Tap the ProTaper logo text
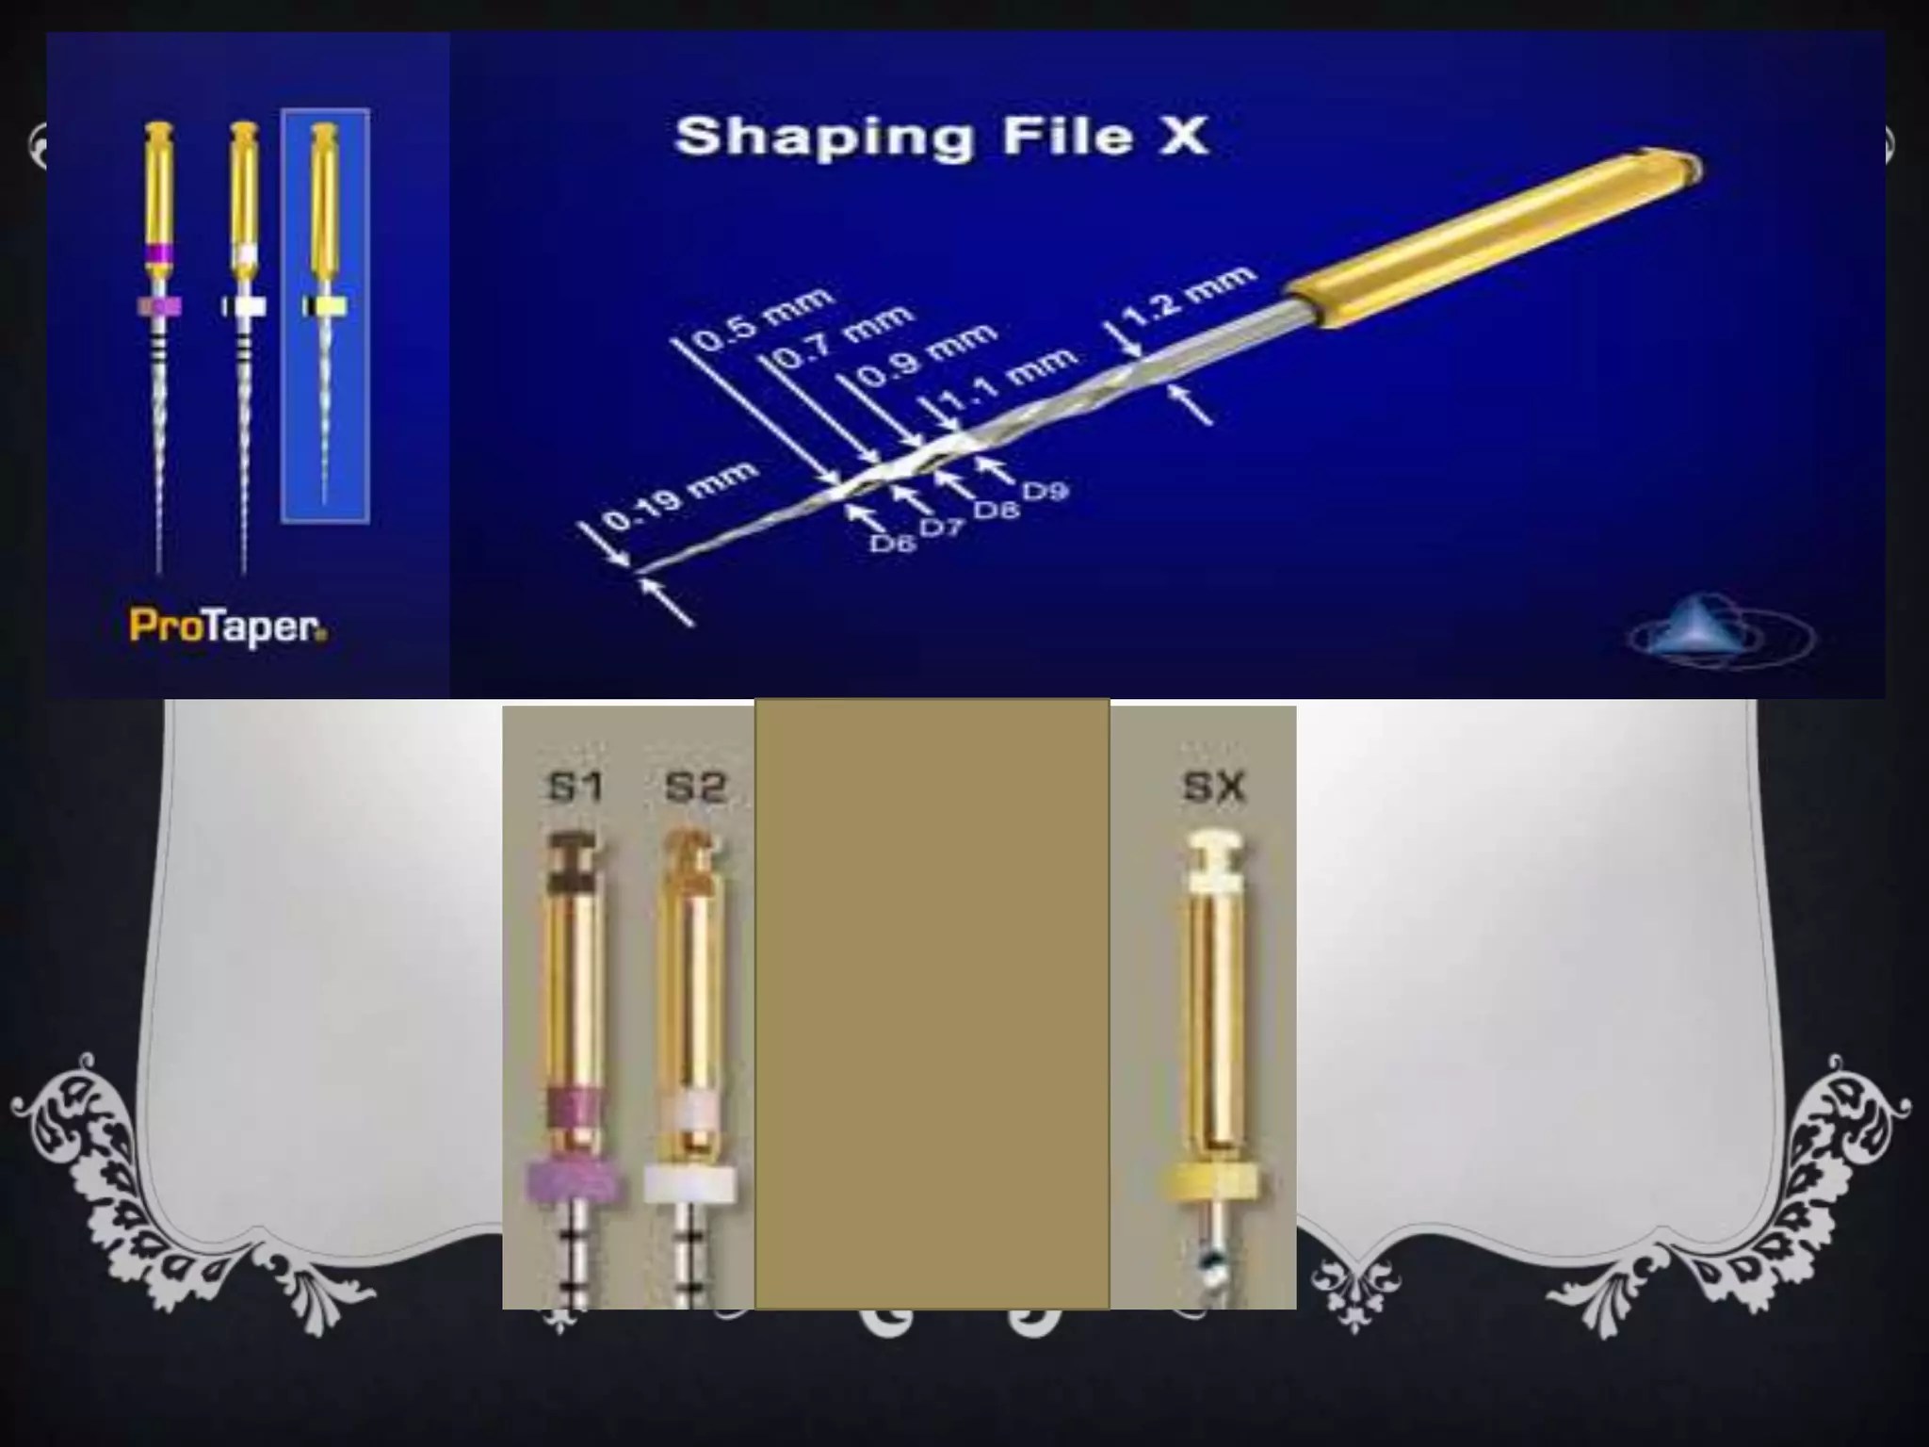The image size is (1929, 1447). [x=229, y=627]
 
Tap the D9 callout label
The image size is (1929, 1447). [x=1046, y=490]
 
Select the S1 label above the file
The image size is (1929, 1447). [x=575, y=787]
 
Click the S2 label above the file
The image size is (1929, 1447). [x=695, y=787]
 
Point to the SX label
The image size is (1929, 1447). [x=1214, y=787]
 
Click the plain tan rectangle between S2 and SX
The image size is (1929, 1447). [x=932, y=1003]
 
